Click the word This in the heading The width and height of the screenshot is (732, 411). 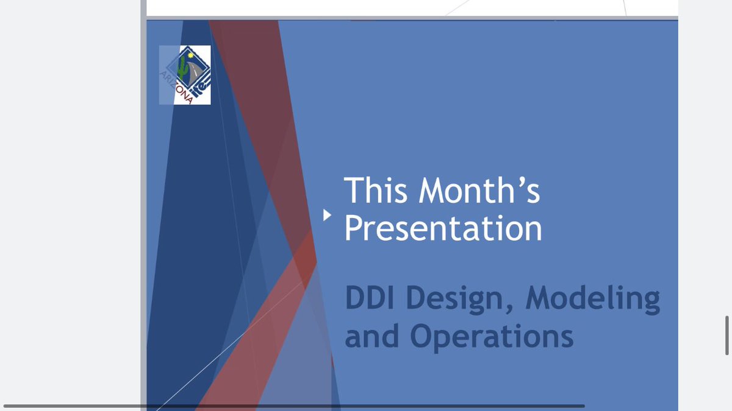pos(376,190)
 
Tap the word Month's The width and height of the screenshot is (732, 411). pos(479,190)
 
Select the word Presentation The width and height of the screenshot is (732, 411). pos(443,228)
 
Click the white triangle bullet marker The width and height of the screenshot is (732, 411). pos(327,215)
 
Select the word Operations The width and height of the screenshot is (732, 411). pos(492,337)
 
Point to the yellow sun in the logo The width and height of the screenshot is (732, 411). pos(190,55)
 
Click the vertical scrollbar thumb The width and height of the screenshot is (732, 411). pos(727,335)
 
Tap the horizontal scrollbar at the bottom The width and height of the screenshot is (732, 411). pos(294,406)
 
